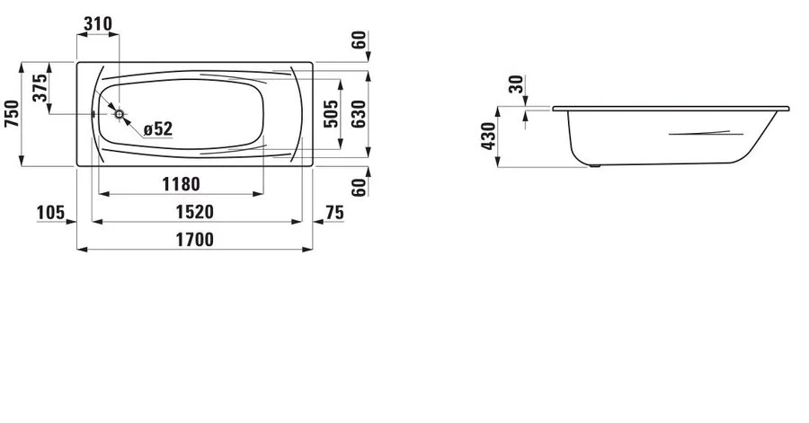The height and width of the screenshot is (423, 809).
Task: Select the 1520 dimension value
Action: pyautogui.click(x=192, y=212)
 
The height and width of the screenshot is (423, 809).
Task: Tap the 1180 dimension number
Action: pyautogui.click(x=180, y=184)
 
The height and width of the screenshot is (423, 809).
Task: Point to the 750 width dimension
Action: pyautogui.click(x=12, y=114)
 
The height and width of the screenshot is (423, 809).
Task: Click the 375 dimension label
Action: pyautogui.click(x=40, y=88)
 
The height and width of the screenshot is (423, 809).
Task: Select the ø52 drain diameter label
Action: pyautogui.click(x=157, y=129)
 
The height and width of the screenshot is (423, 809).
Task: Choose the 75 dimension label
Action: pyautogui.click(x=334, y=212)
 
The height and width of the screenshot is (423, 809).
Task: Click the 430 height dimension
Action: pyautogui.click(x=489, y=136)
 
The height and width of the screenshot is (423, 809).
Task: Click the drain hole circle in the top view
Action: pyautogui.click(x=120, y=114)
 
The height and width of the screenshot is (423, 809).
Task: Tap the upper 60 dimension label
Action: pyautogui.click(x=358, y=41)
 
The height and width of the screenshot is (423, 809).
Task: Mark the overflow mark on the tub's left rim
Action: pyautogui.click(x=93, y=114)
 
